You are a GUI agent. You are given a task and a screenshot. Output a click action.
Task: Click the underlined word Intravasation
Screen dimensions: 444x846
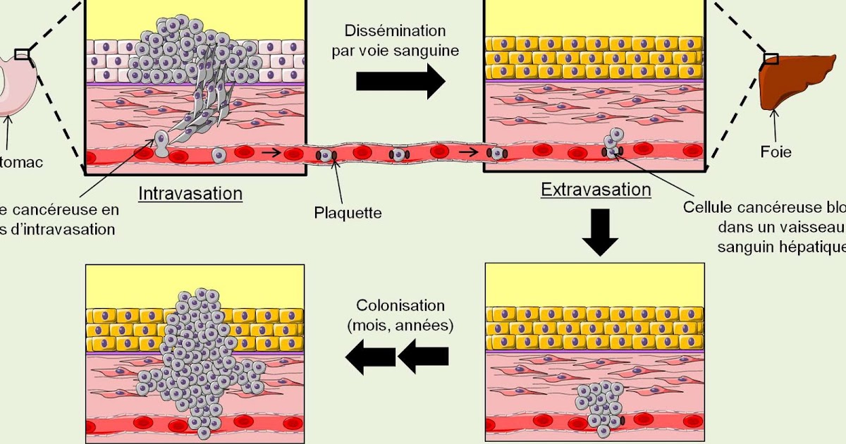point(190,194)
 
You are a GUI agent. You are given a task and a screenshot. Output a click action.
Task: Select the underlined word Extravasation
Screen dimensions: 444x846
point(596,190)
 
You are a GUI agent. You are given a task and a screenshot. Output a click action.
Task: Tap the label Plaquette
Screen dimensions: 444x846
point(348,212)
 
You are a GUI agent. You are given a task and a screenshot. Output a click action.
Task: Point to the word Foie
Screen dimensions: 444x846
point(775,152)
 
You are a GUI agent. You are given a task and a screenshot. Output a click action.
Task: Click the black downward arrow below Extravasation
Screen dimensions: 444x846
point(600,232)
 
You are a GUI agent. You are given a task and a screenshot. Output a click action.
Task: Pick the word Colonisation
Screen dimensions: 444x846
point(400,306)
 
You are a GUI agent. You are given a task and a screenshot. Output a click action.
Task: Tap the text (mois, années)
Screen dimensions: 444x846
point(400,325)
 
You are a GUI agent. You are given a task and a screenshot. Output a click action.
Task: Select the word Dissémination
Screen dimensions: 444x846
point(395,31)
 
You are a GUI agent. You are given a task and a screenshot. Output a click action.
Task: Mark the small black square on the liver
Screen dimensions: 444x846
point(771,58)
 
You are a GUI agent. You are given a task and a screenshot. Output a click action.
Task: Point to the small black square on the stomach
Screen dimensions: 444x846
point(23,54)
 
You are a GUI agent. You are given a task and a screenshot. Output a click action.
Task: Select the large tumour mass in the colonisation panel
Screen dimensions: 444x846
point(197,352)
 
